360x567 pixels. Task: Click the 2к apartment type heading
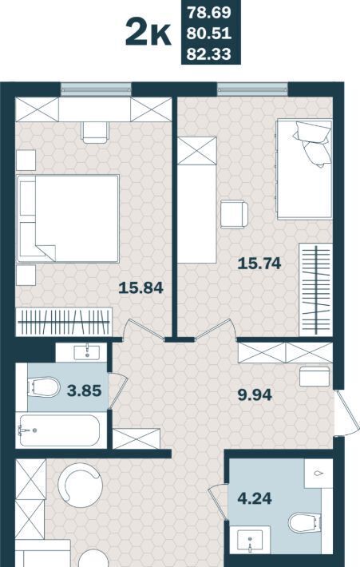pos(148,34)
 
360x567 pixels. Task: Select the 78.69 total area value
pos(208,12)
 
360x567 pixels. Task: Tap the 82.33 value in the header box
pos(208,54)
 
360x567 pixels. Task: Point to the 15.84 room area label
pos(141,287)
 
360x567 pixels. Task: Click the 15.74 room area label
pos(259,264)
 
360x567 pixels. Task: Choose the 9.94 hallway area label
pos(255,395)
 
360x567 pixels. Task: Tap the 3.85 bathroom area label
pos(85,391)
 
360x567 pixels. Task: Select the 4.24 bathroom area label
pos(255,498)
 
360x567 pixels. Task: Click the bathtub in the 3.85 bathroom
pos(59,430)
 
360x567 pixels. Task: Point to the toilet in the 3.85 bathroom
pos(44,387)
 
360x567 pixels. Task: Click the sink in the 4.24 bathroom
pos(250,540)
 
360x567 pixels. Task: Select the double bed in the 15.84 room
pos(68,218)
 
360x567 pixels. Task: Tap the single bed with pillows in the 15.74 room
pos(304,169)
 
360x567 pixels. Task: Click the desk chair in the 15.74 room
pos(234,215)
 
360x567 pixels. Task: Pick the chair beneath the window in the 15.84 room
pos(96,133)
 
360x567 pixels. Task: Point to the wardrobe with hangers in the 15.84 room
pos(64,322)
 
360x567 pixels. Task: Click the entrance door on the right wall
pos(345,413)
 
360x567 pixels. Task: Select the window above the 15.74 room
pos(253,89)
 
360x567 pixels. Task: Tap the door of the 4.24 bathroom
pos(218,502)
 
